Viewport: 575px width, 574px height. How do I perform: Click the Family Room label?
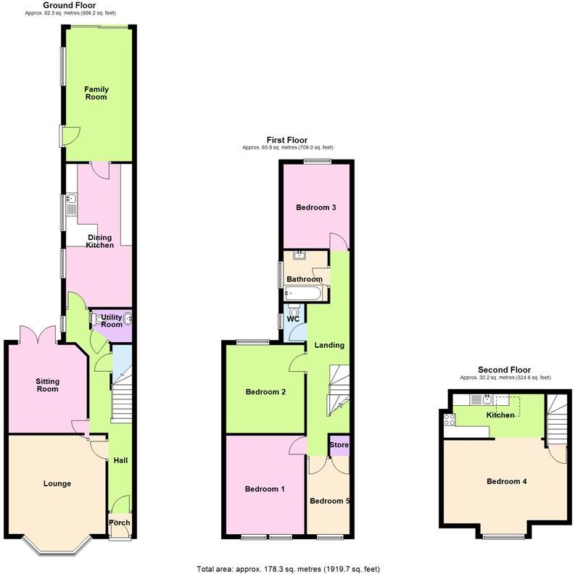pos(96,93)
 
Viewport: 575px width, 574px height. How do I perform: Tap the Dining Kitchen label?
pos(100,241)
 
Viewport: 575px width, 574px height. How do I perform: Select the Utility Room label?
pos(111,321)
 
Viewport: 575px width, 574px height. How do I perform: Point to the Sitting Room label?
pos(47,385)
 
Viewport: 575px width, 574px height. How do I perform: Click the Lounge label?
pos(57,483)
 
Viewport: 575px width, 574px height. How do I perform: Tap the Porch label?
pos(118,523)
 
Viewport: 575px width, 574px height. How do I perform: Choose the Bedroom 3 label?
pos(315,207)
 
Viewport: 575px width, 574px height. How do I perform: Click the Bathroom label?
pos(305,279)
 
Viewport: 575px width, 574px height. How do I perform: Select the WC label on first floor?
pos(293,319)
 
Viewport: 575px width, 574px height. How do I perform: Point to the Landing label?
pos(329,345)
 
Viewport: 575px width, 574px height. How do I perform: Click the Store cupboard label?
pos(339,444)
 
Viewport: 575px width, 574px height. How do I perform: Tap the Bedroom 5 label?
pos(329,501)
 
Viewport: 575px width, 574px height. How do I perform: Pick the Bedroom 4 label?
pos(507,481)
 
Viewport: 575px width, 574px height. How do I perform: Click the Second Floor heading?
pos(505,370)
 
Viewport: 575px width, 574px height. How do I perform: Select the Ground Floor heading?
pos(70,5)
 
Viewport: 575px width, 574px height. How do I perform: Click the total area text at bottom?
pos(288,568)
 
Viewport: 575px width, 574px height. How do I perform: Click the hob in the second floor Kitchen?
pos(449,418)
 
